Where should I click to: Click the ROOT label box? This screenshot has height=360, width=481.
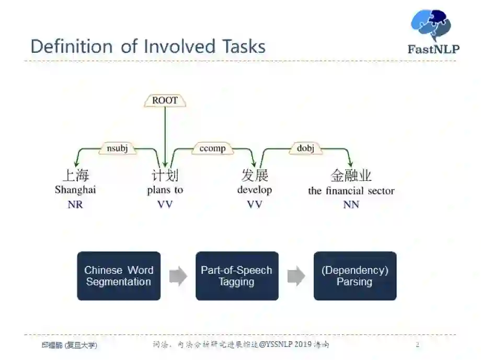point(165,100)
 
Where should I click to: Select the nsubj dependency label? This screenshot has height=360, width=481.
point(117,148)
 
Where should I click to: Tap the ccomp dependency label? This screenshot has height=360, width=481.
point(213,148)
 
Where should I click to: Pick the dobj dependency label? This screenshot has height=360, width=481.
point(305,148)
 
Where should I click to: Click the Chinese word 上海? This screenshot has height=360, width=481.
point(75,175)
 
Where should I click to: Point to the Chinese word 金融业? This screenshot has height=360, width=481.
point(351,175)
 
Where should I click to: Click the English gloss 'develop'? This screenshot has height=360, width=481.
point(255,190)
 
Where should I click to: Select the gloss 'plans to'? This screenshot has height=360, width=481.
point(165,190)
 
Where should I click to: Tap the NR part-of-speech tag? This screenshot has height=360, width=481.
point(75,205)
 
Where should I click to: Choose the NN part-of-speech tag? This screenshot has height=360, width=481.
point(351,205)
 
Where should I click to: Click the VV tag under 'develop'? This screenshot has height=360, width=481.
point(255,205)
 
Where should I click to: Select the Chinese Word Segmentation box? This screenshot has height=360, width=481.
point(119,276)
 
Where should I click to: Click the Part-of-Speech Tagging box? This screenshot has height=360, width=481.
point(237,276)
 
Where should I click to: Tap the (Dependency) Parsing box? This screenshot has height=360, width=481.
point(355,276)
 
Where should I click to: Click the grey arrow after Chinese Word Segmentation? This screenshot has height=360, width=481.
point(178,276)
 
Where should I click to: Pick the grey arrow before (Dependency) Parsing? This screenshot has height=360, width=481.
point(296,276)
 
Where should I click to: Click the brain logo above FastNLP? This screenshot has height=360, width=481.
point(431,25)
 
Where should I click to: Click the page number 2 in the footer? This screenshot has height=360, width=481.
point(417,345)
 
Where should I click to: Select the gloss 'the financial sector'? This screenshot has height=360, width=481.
point(351,191)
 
